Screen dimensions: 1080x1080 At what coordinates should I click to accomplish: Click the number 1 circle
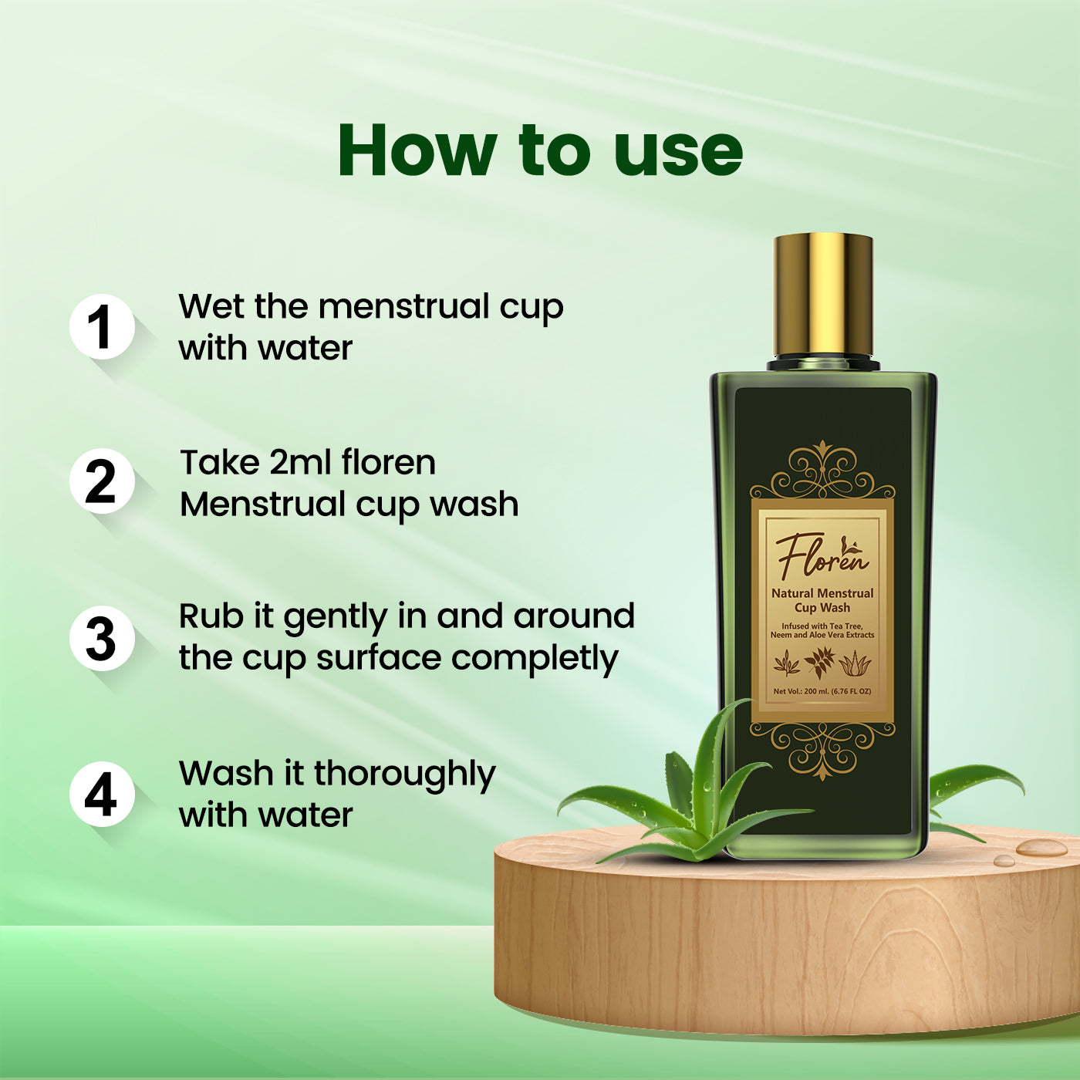coord(101,327)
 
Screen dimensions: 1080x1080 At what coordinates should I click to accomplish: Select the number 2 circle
coord(101,481)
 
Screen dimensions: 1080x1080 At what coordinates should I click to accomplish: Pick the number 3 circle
coord(101,638)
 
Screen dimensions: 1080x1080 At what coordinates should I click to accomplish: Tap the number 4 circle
coord(101,795)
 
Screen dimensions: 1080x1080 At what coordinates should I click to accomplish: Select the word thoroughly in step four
coord(404,775)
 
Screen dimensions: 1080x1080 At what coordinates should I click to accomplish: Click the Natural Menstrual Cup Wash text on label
coord(822,600)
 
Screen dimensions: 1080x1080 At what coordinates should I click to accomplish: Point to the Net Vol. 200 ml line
coord(822,691)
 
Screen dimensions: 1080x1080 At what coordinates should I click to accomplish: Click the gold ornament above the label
coord(823,471)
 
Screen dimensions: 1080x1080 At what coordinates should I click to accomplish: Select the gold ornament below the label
coord(823,748)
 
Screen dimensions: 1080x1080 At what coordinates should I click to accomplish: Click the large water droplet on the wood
coord(1041,848)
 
